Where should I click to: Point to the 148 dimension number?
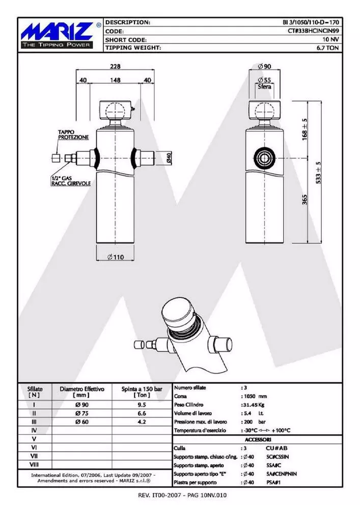(116, 80)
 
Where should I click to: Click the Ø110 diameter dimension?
(116, 257)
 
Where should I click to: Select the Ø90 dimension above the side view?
(264, 67)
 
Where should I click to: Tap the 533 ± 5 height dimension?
(318, 172)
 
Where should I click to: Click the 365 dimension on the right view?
(304, 199)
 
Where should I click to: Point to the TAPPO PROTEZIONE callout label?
(73, 134)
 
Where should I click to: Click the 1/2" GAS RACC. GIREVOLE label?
(70, 181)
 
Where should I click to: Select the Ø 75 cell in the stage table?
(82, 413)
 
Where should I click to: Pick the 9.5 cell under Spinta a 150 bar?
(142, 405)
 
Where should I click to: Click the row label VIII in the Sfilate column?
(34, 465)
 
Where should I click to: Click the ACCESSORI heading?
(258, 439)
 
